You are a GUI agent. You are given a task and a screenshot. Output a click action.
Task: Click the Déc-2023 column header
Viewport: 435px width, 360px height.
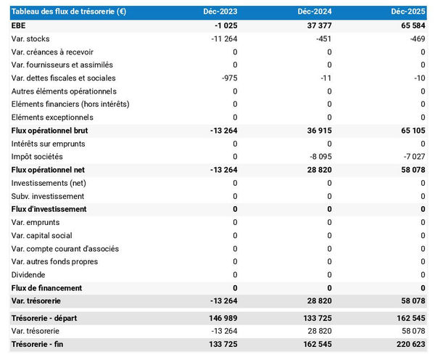click(x=221, y=12)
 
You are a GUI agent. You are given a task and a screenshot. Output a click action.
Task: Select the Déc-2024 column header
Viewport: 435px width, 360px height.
click(x=315, y=12)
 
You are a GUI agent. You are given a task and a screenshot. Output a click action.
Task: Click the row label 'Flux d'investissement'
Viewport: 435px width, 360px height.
click(x=49, y=209)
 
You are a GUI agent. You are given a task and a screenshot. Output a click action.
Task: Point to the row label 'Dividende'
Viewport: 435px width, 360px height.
click(x=28, y=275)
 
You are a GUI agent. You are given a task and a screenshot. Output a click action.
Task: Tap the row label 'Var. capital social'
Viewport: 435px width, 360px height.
click(x=43, y=235)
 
